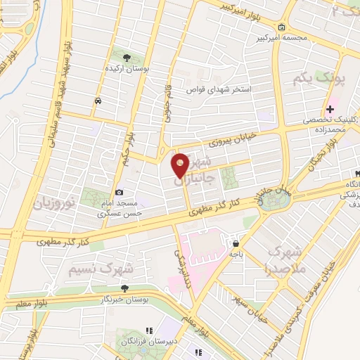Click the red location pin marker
(181, 164)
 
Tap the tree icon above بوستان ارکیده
(127, 58)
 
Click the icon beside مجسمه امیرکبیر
(282, 28)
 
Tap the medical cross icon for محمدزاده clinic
(330, 109)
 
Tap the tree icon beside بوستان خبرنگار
(124, 288)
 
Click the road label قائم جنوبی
(169, 105)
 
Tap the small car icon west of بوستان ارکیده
(96, 101)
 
